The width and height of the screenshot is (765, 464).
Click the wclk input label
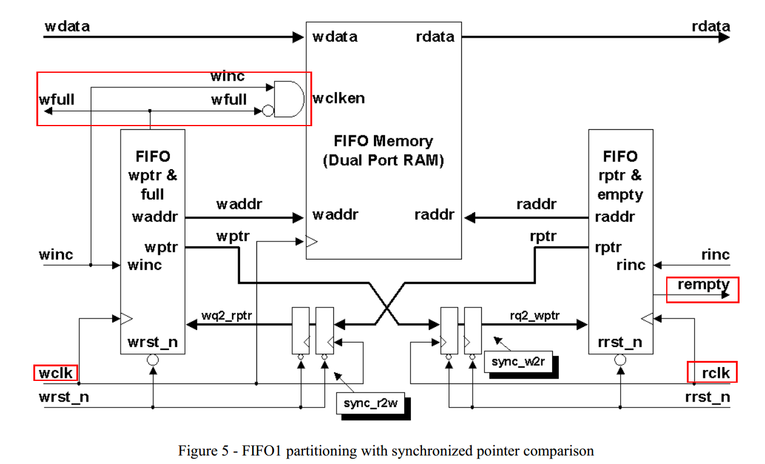(x=56, y=372)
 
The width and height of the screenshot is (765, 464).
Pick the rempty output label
(x=704, y=284)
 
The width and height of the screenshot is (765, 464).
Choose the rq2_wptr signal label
(x=535, y=315)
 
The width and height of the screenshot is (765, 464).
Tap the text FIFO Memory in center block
(x=383, y=141)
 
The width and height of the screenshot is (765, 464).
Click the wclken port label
(x=339, y=98)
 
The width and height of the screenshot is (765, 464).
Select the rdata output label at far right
(x=710, y=26)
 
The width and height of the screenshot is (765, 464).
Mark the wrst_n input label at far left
(x=64, y=397)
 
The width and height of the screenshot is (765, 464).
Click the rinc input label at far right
(x=715, y=255)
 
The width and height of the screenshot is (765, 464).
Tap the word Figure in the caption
(x=198, y=451)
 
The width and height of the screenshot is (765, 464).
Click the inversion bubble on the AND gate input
(x=267, y=111)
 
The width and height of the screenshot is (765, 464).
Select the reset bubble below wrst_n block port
(x=153, y=360)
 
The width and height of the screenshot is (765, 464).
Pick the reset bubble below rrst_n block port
(x=620, y=360)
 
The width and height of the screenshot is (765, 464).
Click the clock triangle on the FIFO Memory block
(x=312, y=241)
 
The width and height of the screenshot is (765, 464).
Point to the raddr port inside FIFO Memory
(x=434, y=215)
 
